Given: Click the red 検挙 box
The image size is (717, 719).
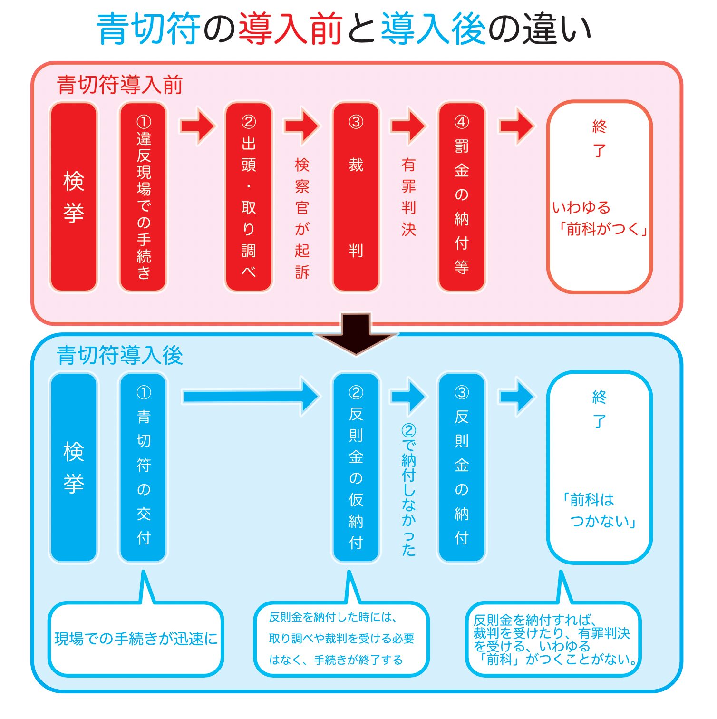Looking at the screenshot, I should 74,196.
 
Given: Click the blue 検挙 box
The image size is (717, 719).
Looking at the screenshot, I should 74,467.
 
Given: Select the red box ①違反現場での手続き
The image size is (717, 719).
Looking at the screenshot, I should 143,196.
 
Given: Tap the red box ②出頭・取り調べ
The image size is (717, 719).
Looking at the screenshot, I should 249,196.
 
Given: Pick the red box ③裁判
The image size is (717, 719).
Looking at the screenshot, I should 356,196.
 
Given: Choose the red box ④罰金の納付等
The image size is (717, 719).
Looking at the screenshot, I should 462,196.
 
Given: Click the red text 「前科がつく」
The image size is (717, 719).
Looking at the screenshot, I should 603,229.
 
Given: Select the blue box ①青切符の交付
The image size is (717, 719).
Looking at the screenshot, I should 143,467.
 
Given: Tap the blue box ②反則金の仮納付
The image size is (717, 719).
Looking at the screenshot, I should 356,467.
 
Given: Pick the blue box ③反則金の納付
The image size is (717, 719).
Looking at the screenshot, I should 462,467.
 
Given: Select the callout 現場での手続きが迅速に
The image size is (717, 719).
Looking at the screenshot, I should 136,639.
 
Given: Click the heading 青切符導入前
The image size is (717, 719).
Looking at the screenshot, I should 119,85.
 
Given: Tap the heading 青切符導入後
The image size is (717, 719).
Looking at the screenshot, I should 119,356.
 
